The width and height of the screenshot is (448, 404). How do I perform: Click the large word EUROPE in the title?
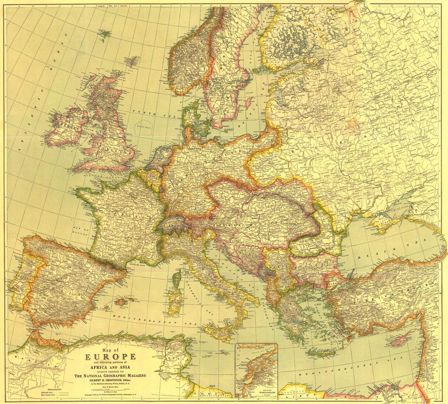click(111, 356)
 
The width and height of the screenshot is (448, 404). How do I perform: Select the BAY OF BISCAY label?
click(80, 231)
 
